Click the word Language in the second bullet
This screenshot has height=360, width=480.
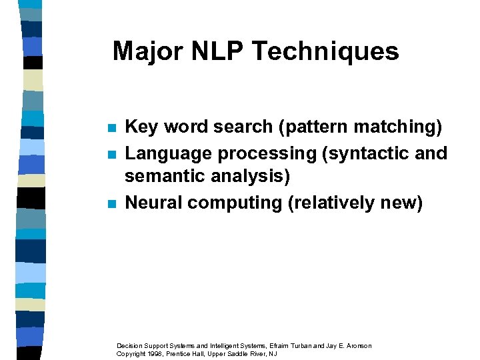[168, 153]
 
